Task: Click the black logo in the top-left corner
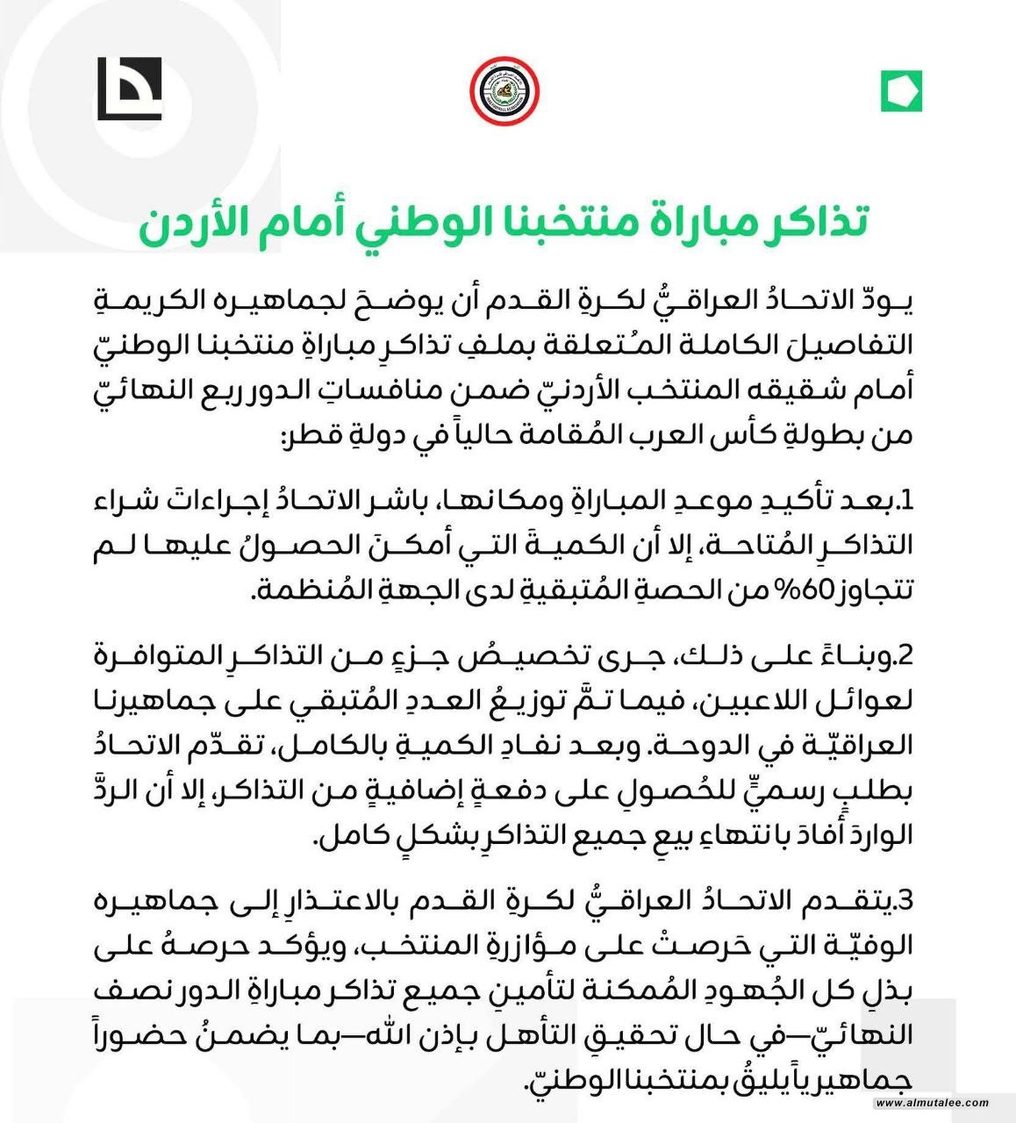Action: [x=129, y=89]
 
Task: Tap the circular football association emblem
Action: [x=504, y=90]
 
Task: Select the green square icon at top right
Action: [x=901, y=90]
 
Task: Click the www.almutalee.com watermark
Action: [x=931, y=1103]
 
